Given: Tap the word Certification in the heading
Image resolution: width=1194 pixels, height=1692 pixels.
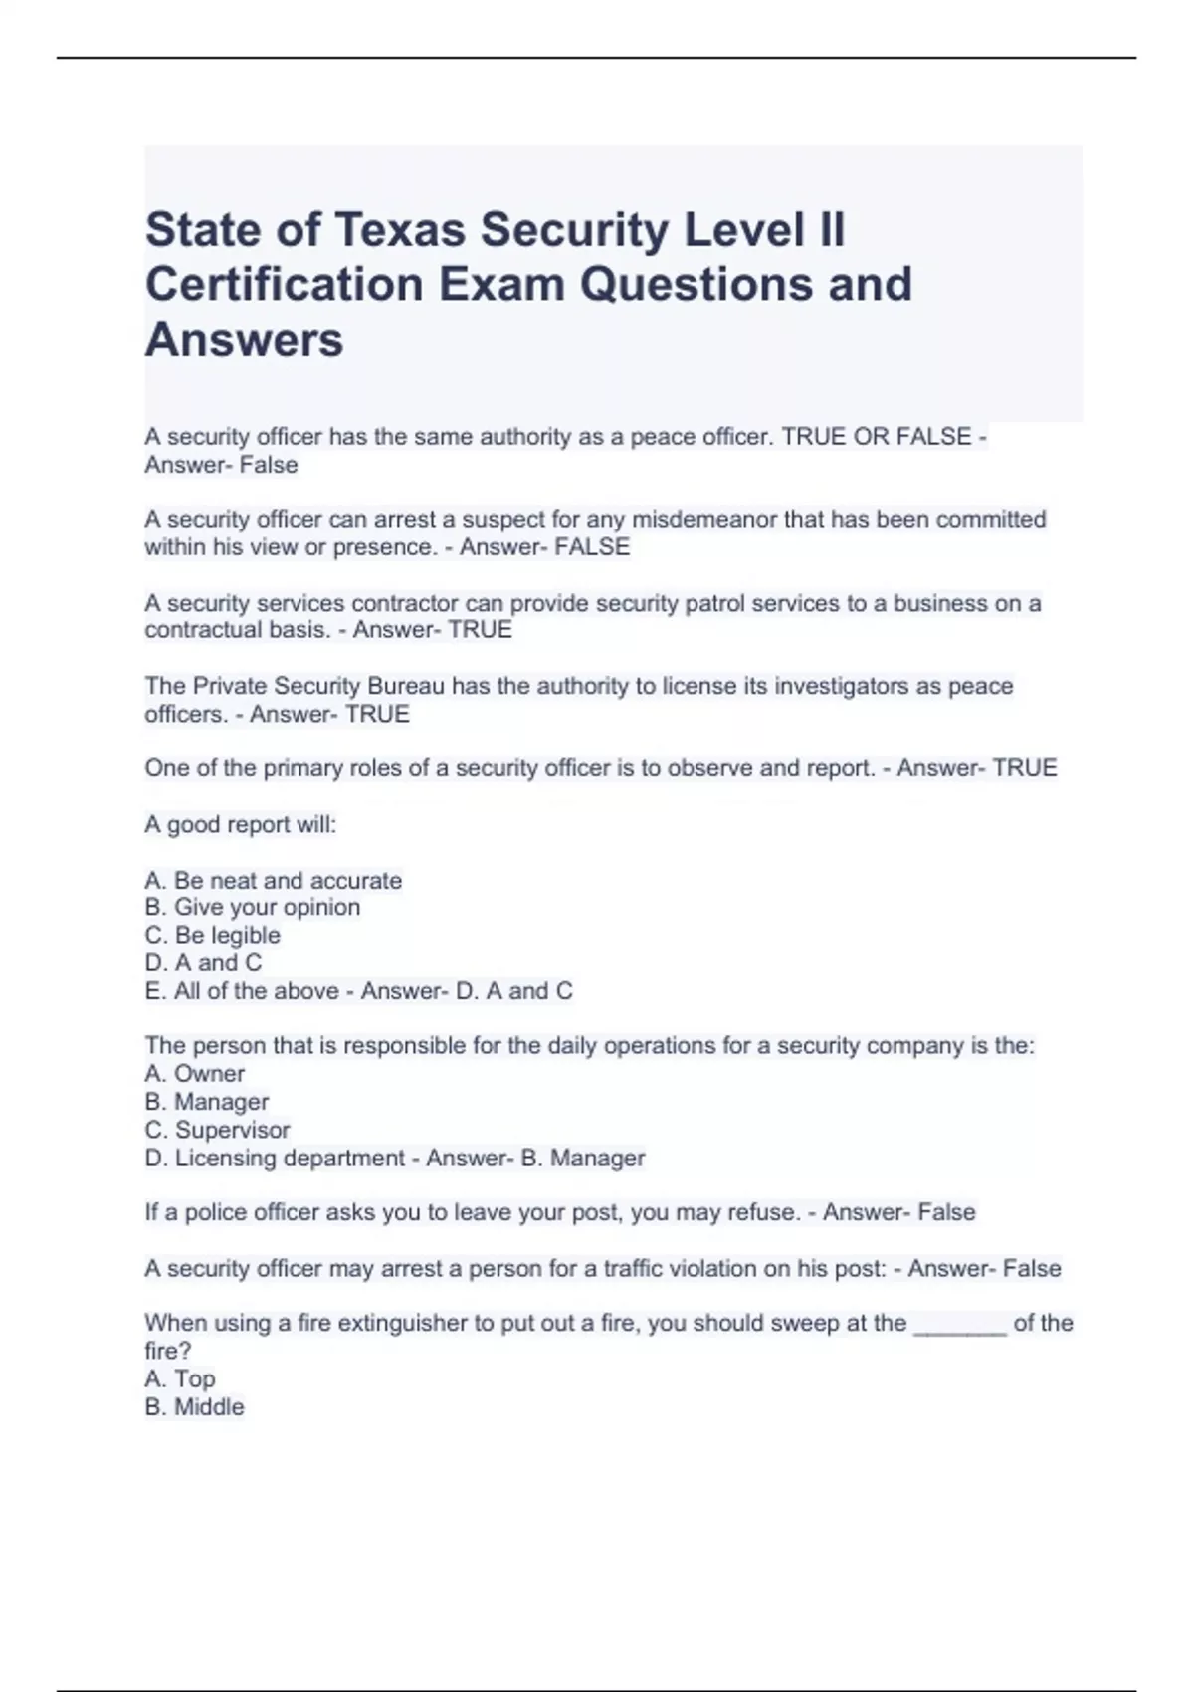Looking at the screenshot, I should [285, 285].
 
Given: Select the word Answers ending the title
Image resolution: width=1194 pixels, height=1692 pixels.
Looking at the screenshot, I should [245, 340].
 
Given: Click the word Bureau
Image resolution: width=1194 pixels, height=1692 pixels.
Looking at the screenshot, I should [393, 686].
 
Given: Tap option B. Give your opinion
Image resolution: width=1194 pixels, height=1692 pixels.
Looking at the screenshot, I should [253, 908].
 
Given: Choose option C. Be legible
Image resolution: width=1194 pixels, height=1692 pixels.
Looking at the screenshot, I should [213, 936].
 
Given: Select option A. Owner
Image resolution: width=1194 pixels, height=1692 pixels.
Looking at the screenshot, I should [195, 1074].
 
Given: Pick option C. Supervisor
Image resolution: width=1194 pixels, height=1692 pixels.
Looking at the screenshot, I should [218, 1131].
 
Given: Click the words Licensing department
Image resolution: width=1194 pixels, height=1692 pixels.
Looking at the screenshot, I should [290, 1159].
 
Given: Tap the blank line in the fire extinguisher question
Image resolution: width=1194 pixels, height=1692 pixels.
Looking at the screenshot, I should [959, 1325].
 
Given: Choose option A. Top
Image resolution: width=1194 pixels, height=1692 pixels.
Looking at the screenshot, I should [180, 1379].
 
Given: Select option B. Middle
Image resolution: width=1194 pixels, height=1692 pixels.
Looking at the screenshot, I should [195, 1407].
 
